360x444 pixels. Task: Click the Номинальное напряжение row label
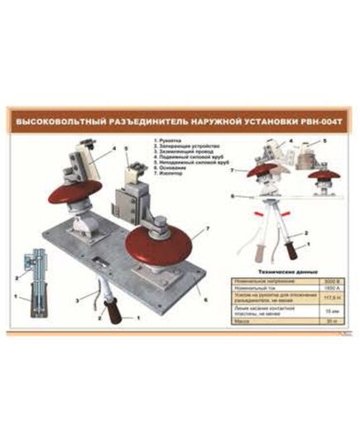pos(265,279)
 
